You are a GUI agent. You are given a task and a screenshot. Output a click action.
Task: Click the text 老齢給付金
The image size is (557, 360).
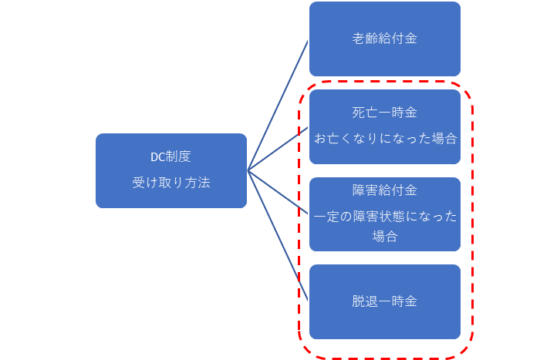pos(385,39)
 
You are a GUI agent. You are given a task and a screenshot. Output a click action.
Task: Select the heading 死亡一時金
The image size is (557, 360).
pos(385,113)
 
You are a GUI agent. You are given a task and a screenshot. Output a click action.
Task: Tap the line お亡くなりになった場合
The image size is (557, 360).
pos(386,138)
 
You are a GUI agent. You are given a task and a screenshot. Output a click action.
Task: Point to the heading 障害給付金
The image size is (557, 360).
pos(385,190)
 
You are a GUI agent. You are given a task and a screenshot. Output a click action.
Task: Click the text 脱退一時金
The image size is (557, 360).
pos(385,301)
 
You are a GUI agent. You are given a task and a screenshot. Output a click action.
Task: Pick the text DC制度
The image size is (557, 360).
pos(170,156)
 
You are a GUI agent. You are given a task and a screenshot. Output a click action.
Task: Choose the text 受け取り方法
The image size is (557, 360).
pos(171,183)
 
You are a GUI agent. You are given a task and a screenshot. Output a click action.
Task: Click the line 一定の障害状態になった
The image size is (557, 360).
pos(386,216)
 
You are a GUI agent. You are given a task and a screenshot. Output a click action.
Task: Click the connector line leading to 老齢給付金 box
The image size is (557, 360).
pos(278,106)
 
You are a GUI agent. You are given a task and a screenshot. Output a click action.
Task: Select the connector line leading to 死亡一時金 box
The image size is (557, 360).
pos(278,149)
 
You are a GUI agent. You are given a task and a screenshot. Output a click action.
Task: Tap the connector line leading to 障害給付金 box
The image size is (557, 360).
pos(278,193)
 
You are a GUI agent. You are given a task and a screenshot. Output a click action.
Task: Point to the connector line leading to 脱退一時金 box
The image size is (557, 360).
pos(278,236)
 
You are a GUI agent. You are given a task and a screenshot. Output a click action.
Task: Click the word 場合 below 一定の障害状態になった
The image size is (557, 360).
pos(385,236)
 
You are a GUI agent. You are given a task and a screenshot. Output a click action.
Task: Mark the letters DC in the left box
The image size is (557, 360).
pos(157,157)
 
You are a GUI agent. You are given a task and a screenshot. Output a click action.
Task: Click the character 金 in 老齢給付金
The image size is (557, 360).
pos(411,39)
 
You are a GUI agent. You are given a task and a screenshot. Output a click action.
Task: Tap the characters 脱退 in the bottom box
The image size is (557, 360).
pos(365,301)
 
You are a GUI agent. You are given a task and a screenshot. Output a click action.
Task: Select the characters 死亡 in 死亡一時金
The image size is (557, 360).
pos(365,113)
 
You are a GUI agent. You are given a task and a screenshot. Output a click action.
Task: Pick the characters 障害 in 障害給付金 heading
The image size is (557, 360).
pos(365,190)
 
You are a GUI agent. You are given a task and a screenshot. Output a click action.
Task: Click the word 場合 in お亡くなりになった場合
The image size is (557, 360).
pos(444,138)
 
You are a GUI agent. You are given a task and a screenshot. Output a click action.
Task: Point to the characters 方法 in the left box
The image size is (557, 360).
pos(197,183)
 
